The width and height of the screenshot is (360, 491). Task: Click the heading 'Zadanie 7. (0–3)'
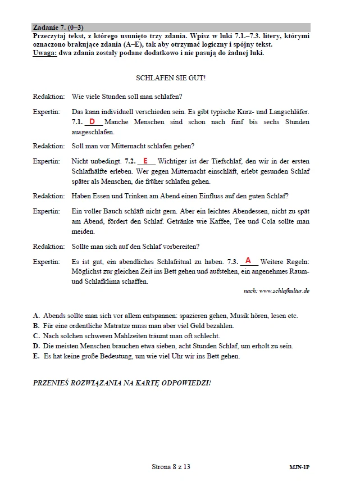click(x=58, y=27)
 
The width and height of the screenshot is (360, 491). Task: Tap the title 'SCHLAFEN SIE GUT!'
click(x=171, y=78)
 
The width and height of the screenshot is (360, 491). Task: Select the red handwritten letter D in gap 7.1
click(x=92, y=121)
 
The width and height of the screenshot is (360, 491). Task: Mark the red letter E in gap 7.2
click(x=145, y=161)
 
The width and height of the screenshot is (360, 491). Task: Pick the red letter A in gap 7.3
click(x=248, y=261)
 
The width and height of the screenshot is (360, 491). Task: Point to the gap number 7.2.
click(x=130, y=161)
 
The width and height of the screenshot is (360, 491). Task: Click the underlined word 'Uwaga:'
click(x=44, y=53)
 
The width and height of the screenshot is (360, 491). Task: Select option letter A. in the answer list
click(x=37, y=316)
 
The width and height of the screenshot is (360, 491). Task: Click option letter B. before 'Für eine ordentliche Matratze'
click(x=36, y=325)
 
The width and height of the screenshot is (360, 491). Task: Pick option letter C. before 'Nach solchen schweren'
click(x=37, y=335)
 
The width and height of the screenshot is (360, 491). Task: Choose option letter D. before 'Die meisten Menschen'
click(x=37, y=345)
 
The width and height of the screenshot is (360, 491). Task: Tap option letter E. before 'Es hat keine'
click(x=36, y=356)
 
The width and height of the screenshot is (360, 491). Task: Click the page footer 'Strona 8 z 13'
click(x=171, y=466)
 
